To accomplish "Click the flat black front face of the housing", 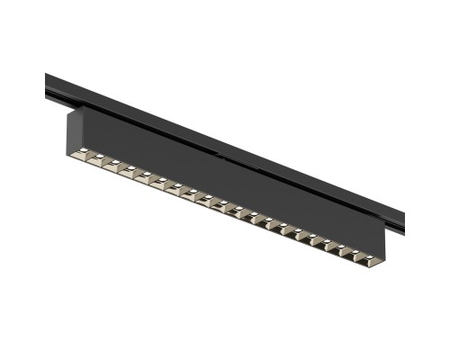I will pyautogui.click(x=225, y=180).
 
